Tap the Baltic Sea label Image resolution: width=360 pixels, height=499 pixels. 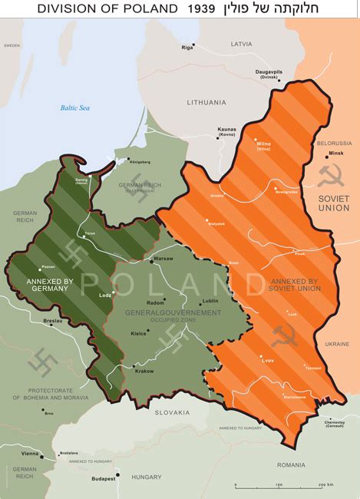[x=75, y=108]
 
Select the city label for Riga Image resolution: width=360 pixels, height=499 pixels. [x=187, y=48]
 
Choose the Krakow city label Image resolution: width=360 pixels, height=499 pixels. [x=144, y=372]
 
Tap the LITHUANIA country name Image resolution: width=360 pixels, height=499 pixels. [x=206, y=102]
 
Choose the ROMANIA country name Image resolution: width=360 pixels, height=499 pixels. [x=292, y=464]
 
